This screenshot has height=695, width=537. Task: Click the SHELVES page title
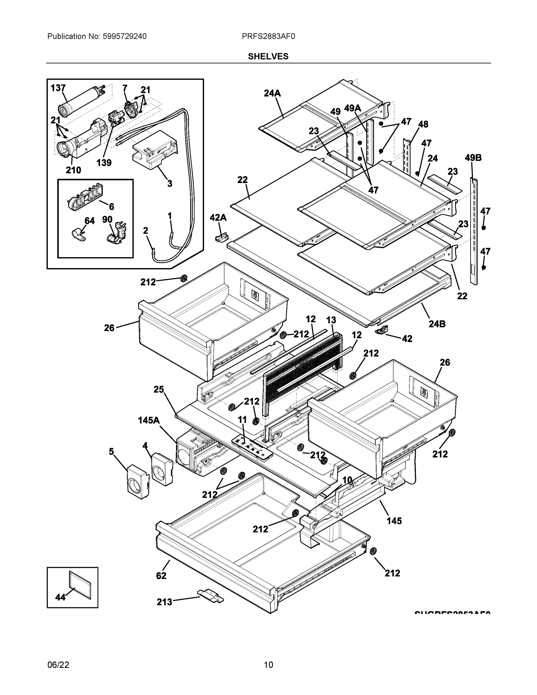[268, 56]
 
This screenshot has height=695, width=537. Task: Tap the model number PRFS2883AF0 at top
[268, 36]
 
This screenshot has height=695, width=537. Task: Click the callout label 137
[58, 88]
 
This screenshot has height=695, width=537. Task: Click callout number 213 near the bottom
[164, 602]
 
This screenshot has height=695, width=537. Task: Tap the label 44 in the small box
[61, 597]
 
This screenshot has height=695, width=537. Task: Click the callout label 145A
[149, 420]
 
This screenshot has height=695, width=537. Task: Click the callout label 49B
[473, 158]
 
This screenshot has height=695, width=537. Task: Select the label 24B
[437, 324]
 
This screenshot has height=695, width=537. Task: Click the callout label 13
[331, 320]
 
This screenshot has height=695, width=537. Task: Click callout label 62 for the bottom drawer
[161, 576]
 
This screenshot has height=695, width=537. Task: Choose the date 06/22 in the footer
[58, 665]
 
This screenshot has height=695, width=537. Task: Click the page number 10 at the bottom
[268, 665]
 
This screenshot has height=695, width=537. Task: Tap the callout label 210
[73, 170]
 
